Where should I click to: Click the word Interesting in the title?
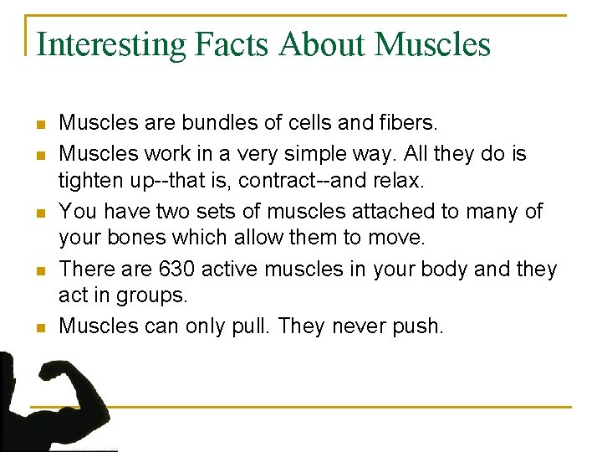tap(111, 44)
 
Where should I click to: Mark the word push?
tap(416, 326)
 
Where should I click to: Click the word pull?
tap(251, 326)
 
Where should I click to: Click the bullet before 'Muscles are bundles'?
tap(39, 126)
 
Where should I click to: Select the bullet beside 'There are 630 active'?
tap(39, 270)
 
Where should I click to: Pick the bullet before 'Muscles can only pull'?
tap(39, 327)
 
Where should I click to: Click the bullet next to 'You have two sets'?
tap(39, 213)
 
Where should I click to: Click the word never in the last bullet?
tap(357, 326)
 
